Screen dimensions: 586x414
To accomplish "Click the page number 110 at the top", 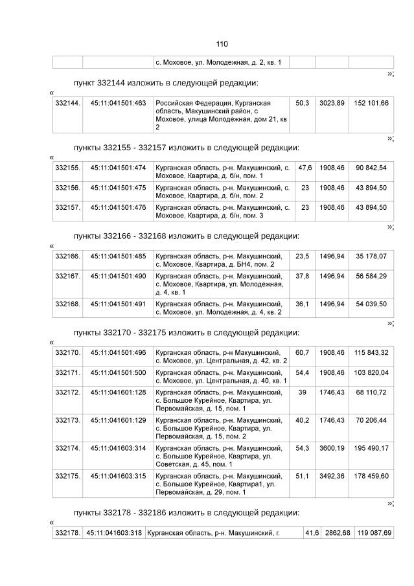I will [222, 44].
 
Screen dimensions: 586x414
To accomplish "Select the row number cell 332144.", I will [67, 103].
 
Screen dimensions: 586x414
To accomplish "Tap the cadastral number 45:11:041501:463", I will [118, 103].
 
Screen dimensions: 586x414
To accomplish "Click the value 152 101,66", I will [371, 103].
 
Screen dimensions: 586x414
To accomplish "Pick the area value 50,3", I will [302, 103].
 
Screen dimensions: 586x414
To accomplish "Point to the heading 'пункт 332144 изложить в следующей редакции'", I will [166, 83].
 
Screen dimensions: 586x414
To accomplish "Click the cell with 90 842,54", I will [371, 168].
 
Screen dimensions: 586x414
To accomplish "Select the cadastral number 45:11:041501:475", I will [118, 187].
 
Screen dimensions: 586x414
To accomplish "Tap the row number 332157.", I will [67, 207].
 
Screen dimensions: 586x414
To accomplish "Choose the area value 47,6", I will [305, 168].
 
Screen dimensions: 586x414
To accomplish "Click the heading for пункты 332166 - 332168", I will [187, 236].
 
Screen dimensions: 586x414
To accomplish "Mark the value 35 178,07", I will [371, 256].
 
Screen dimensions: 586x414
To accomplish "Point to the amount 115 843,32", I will [371, 352].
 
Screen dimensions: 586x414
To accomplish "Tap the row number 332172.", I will [67, 392].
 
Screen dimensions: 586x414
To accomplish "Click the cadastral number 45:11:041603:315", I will [118, 476].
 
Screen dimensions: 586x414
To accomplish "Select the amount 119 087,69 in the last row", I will [373, 532].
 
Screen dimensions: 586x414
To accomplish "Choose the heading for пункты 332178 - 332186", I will [187, 513].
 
